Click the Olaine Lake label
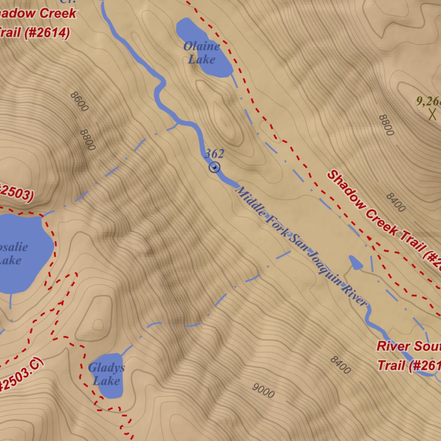202,52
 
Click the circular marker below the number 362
214,167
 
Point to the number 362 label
214,154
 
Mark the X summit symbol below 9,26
432,115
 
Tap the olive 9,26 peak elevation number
428,102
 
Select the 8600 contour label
79,102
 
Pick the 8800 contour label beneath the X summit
386,125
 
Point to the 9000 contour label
263,390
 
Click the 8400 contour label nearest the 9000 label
340,365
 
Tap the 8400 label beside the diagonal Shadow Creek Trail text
395,202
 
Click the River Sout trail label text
408,346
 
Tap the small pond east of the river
355,262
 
